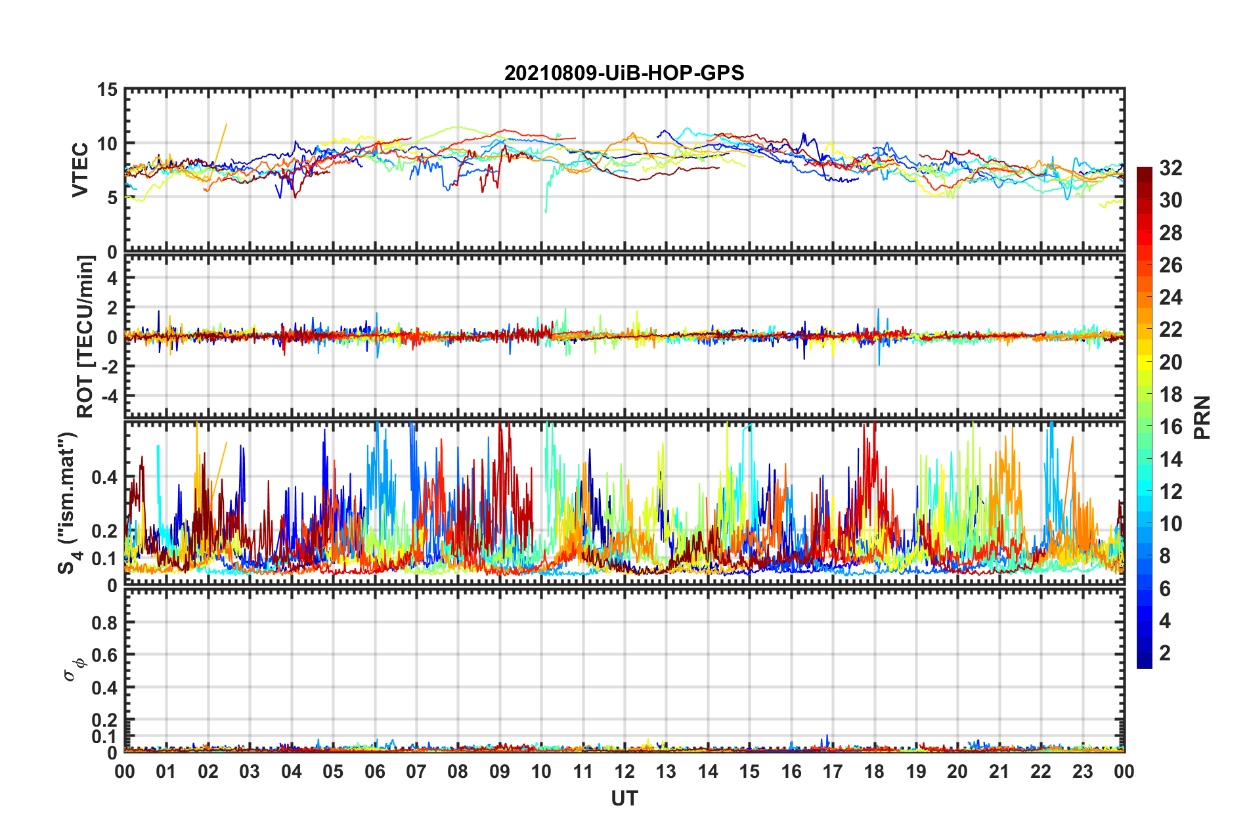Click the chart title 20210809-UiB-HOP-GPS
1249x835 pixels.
[624, 73]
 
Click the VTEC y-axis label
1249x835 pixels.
[80, 169]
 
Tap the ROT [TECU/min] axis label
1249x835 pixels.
[85, 337]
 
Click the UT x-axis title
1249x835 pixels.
[624, 798]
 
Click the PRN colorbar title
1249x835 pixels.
[1202, 417]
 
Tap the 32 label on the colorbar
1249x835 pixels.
[1170, 168]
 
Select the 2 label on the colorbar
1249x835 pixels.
[1165, 653]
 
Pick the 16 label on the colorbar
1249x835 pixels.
[1170, 427]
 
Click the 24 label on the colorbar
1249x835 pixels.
[1170, 297]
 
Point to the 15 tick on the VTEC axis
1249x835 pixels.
[107, 89]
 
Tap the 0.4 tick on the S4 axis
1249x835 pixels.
[104, 477]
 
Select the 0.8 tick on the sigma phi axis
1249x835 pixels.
[104, 622]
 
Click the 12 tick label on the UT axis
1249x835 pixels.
[624, 771]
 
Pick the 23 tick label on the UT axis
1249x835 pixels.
[1082, 771]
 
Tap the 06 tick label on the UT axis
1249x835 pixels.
[374, 771]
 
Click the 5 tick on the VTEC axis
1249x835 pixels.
[112, 198]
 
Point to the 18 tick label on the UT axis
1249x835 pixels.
[874, 771]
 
